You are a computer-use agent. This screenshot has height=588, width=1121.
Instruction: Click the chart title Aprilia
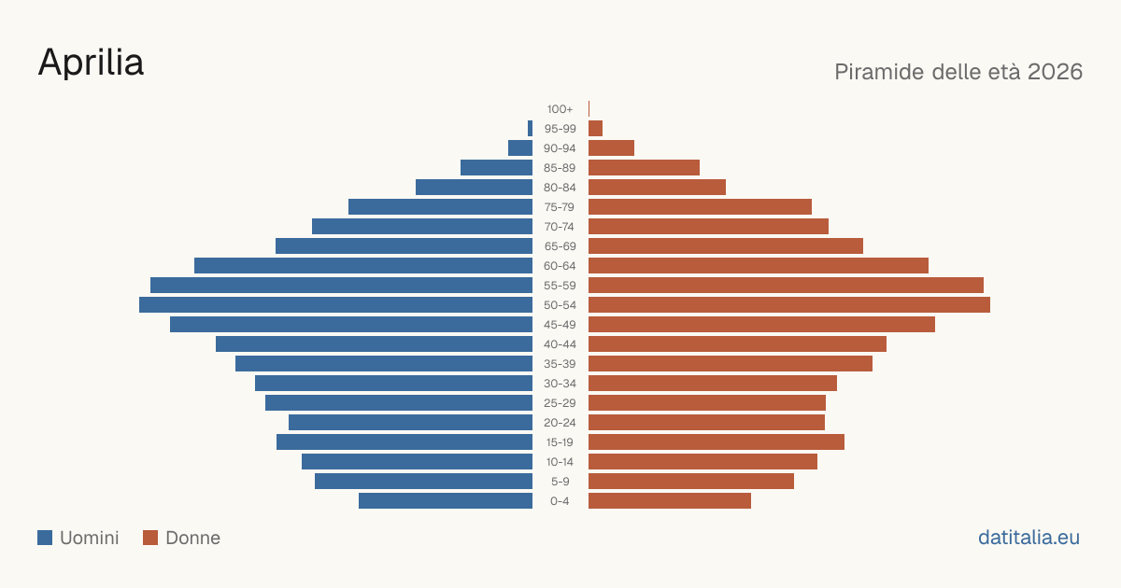pyautogui.click(x=92, y=62)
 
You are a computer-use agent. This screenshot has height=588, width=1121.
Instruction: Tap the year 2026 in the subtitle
pyautogui.click(x=1055, y=72)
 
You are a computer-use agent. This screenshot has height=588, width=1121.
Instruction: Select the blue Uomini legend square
pyautogui.click(x=45, y=538)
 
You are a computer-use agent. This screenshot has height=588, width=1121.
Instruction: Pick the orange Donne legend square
pyautogui.click(x=150, y=538)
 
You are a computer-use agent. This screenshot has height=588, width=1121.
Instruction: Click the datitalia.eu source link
pyautogui.click(x=1029, y=538)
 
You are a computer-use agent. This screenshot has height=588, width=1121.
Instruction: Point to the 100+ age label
pyautogui.click(x=560, y=109)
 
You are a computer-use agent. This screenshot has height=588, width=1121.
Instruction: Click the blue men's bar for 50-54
pyautogui.click(x=335, y=305)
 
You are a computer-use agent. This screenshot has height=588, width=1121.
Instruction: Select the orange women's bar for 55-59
pyautogui.click(x=786, y=286)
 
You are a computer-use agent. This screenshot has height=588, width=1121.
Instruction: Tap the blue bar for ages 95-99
pyautogui.click(x=530, y=129)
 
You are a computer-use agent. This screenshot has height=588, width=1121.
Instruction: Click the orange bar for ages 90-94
pyautogui.click(x=611, y=148)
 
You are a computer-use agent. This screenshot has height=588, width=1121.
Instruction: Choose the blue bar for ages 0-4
pyautogui.click(x=446, y=501)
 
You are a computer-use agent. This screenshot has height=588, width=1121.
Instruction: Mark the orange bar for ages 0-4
pyautogui.click(x=670, y=501)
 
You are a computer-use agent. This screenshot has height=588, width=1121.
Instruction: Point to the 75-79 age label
pyautogui.click(x=560, y=207)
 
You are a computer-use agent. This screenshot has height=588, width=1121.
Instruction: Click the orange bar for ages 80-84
pyautogui.click(x=657, y=188)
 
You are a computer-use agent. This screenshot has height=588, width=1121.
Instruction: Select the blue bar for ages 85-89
pyautogui.click(x=496, y=167)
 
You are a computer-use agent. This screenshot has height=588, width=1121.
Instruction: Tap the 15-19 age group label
pyautogui.click(x=560, y=442)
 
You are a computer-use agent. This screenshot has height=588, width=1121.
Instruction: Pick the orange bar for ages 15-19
pyautogui.click(x=717, y=442)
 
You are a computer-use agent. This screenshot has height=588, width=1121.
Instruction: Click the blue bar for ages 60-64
pyautogui.click(x=363, y=265)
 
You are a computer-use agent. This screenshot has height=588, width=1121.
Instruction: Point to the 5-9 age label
pyautogui.click(x=560, y=482)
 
